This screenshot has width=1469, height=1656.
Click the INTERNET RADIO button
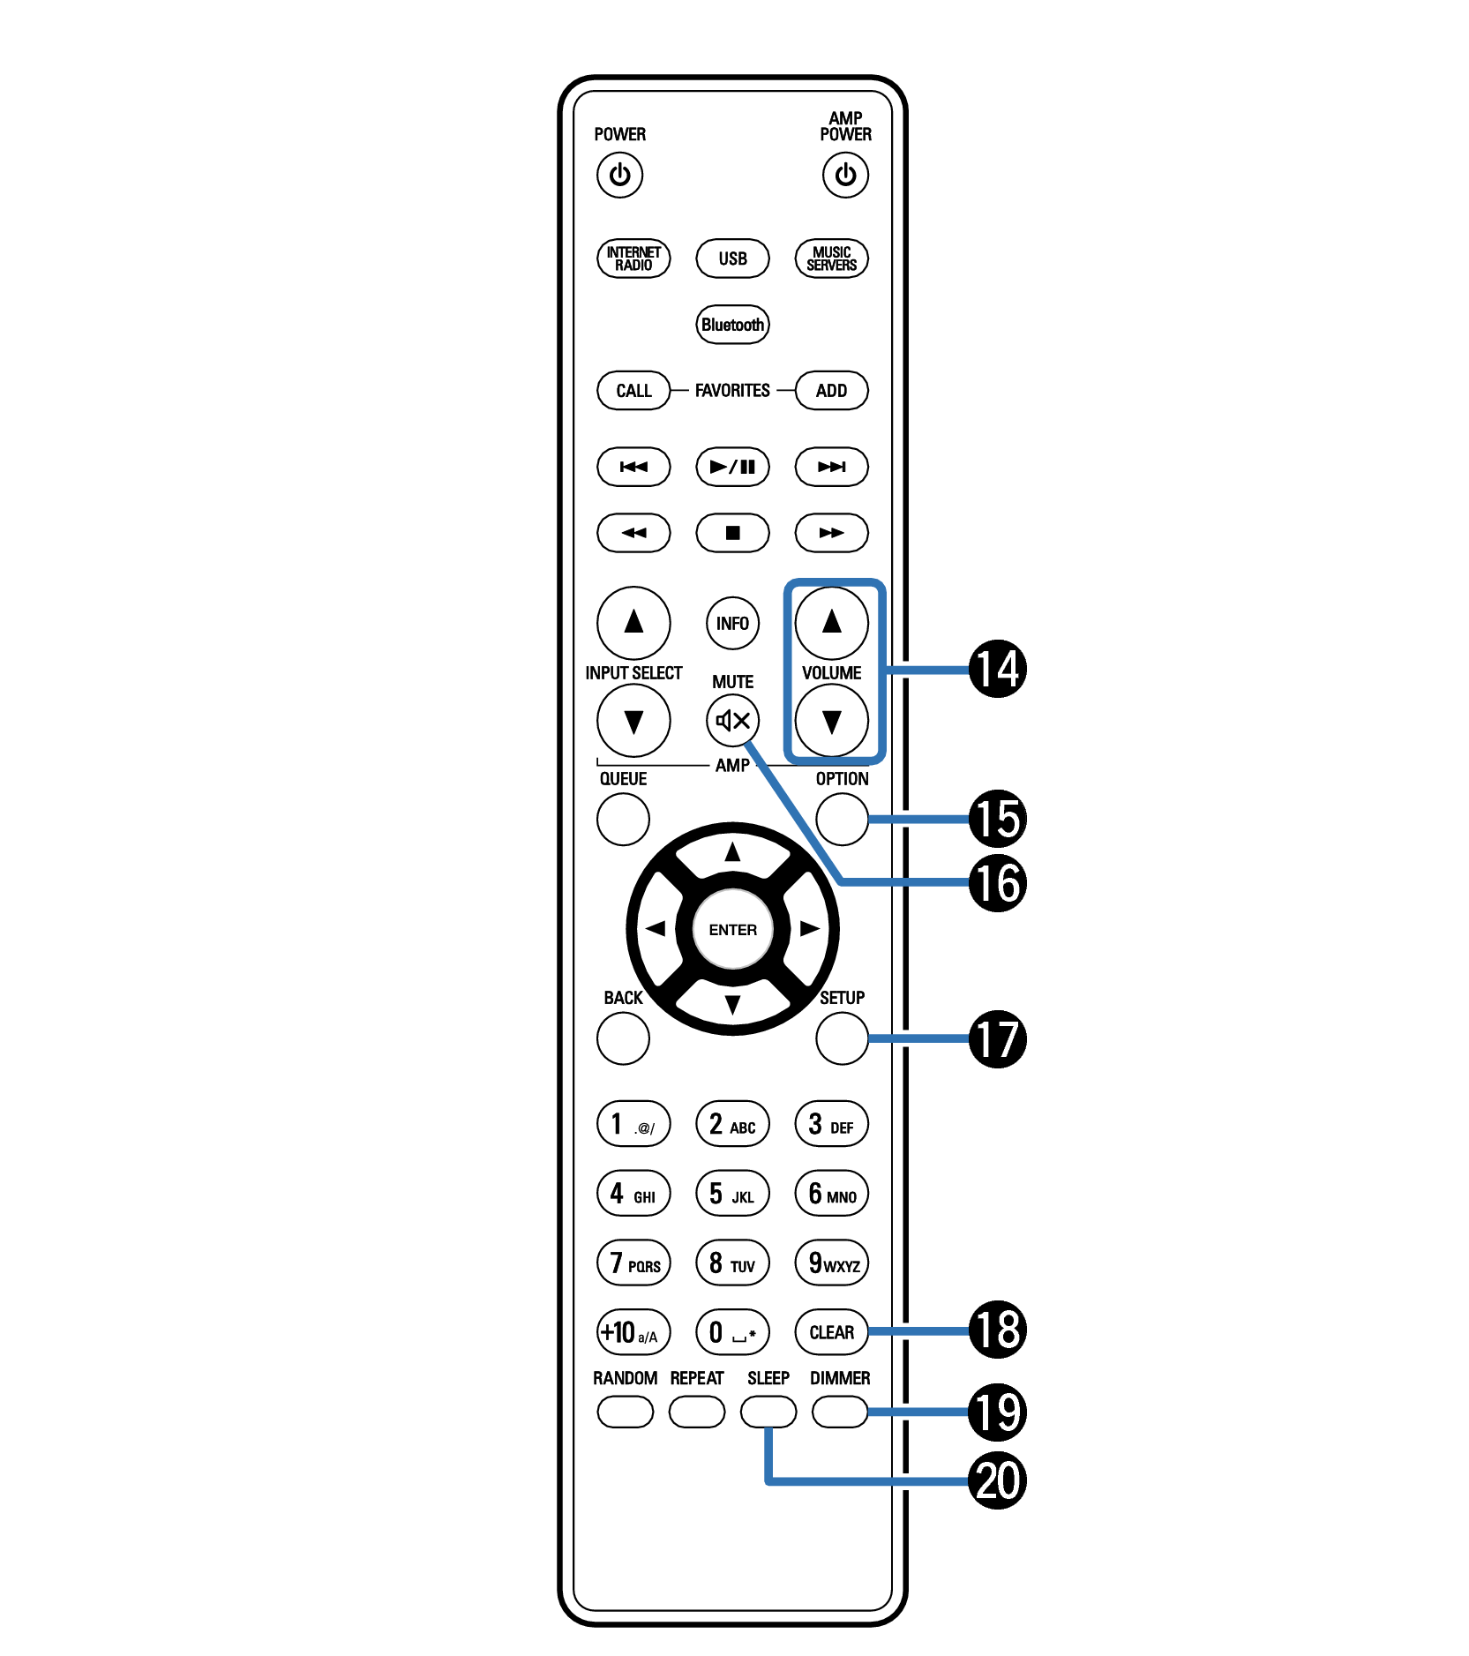[x=633, y=259]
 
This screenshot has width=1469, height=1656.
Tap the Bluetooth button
[x=732, y=325]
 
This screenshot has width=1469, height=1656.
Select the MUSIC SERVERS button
[x=831, y=259]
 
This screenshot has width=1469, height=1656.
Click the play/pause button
[x=732, y=467]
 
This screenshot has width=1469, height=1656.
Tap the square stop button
[x=732, y=533]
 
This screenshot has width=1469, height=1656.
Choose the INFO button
[x=732, y=623]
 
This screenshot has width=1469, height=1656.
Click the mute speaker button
[x=732, y=721]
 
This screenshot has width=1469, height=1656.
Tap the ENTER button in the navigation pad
[x=732, y=930]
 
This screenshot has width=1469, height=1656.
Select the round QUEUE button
[x=623, y=819]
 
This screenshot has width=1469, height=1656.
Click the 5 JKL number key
[x=732, y=1194]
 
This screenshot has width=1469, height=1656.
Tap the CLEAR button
[x=831, y=1332]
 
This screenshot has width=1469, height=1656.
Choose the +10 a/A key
[x=633, y=1332]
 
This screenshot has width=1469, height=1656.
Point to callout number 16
[x=998, y=883]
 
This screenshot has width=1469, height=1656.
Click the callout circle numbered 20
[x=998, y=1480]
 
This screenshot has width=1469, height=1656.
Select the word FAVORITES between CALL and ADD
[x=732, y=391]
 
